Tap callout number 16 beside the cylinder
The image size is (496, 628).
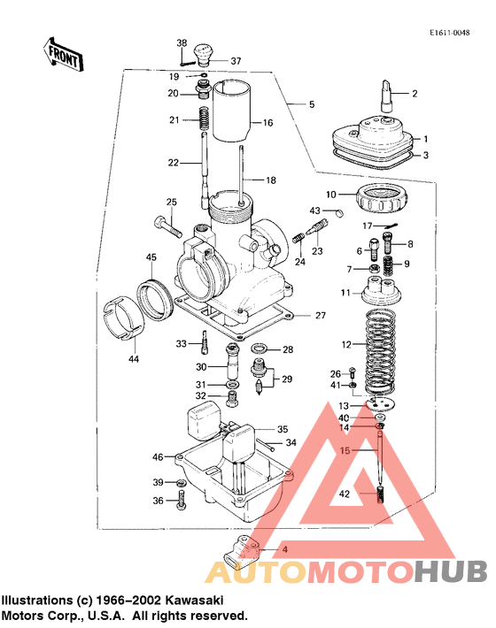click(267, 123)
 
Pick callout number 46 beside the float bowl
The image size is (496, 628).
click(158, 457)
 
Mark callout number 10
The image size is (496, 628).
click(330, 194)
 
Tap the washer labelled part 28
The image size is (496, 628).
click(262, 349)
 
